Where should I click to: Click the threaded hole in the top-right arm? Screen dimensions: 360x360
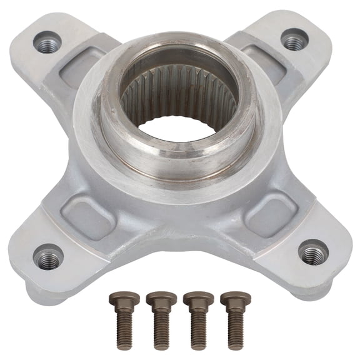(294, 42)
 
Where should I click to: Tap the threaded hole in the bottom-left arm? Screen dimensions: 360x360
(47, 257)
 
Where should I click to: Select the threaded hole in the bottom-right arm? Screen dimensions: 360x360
(313, 254)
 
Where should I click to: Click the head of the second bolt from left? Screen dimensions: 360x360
(161, 298)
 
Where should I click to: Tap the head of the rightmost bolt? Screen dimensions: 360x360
(235, 297)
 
